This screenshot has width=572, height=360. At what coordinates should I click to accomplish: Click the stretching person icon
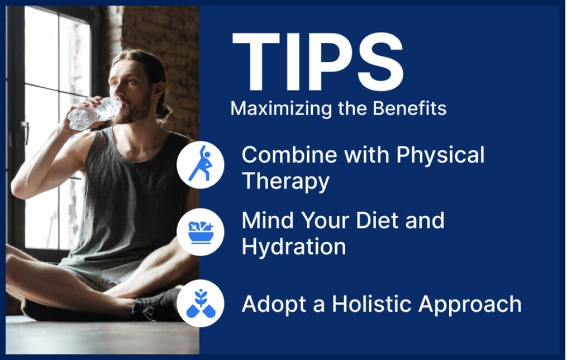(200, 164)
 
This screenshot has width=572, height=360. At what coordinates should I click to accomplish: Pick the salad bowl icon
(200, 232)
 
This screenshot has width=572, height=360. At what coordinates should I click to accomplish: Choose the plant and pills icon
(200, 304)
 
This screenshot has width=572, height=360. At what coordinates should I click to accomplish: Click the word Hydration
(293, 247)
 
